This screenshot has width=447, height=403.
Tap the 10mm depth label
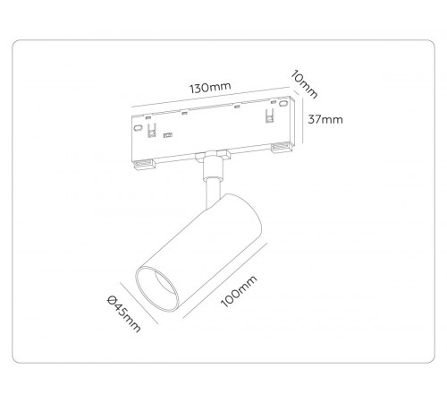pyautogui.click(x=305, y=84)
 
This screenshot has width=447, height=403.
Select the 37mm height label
pyautogui.click(x=325, y=121)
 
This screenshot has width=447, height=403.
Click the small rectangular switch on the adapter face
pyautogui.click(x=166, y=137)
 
